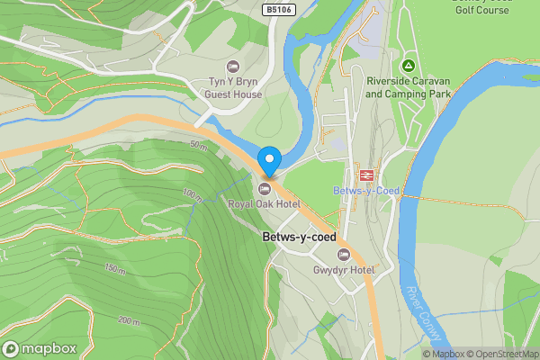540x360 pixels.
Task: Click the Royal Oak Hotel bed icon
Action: pos(265,188)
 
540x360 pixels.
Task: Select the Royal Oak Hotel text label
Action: pos(264,204)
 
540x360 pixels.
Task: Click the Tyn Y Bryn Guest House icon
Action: pos(233,66)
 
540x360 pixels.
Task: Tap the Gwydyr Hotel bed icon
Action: pos(343,254)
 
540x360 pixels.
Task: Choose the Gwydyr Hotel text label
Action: pos(343,270)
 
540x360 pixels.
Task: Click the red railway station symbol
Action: pos(366,175)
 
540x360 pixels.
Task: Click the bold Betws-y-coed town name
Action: pos(299,238)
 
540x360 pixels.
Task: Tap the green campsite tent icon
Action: pos(408,66)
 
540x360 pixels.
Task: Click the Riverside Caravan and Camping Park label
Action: pos(408,87)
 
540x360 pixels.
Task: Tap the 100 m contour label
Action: pos(192,193)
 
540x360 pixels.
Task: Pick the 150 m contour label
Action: pos(114,269)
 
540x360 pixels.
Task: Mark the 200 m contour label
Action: pos(129,320)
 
